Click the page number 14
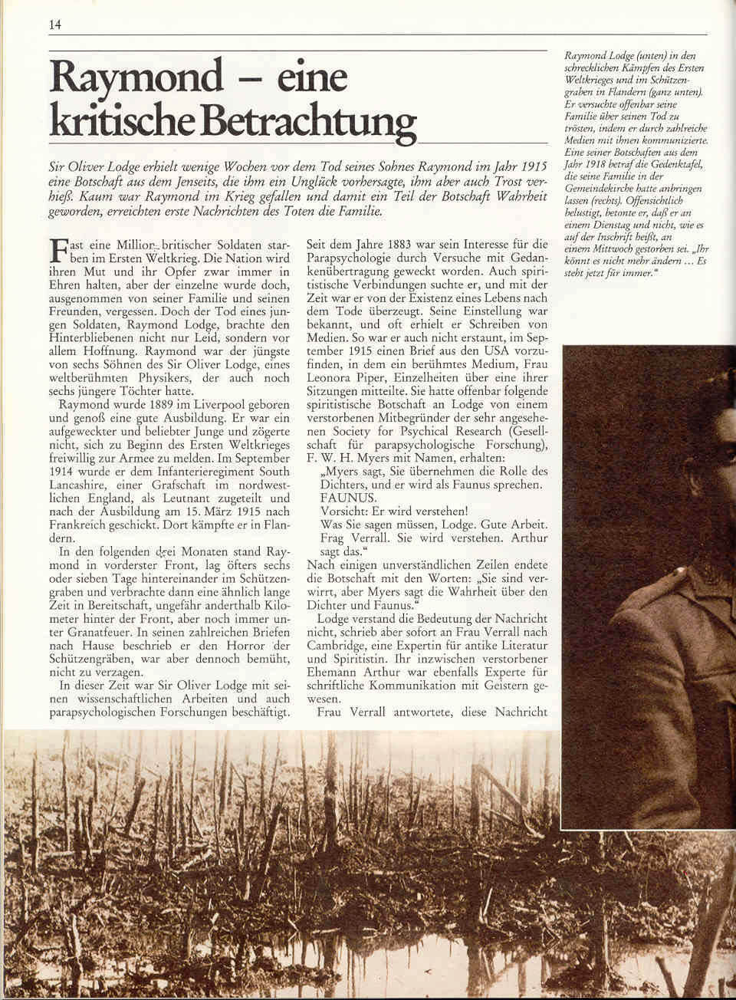click(54, 24)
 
